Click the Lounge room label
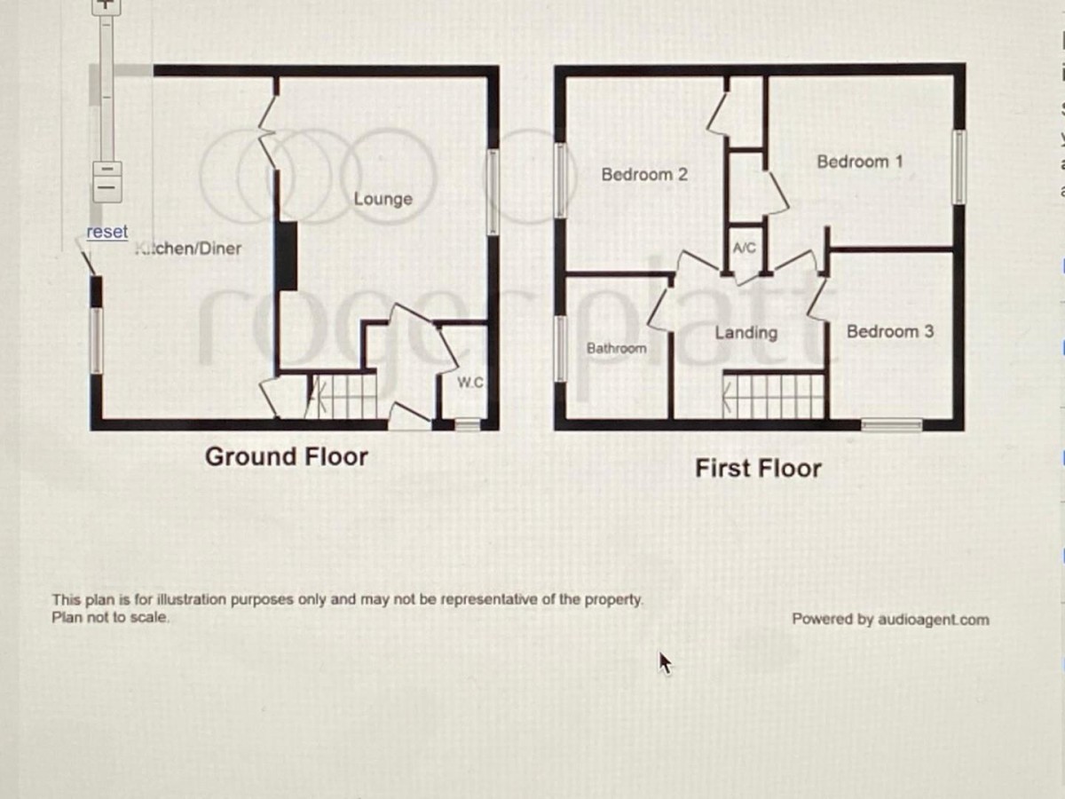(383, 199)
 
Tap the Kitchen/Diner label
(188, 249)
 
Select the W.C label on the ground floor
(469, 383)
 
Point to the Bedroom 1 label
(859, 162)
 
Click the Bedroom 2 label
(643, 175)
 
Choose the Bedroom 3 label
(889, 331)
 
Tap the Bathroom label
(616, 348)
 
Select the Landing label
(745, 333)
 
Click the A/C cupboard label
(744, 248)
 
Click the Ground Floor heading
(286, 456)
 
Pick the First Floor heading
(758, 468)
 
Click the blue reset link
(106, 232)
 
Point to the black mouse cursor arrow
(665, 662)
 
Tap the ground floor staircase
(342, 396)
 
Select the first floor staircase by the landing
(775, 396)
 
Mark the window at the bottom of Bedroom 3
(891, 426)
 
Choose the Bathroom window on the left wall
(560, 348)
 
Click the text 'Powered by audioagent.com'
(890, 620)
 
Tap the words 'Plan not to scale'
(110, 617)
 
